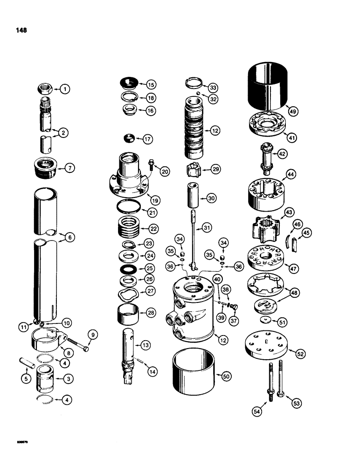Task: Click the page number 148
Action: tap(21, 30)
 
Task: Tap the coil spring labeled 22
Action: tap(128, 228)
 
